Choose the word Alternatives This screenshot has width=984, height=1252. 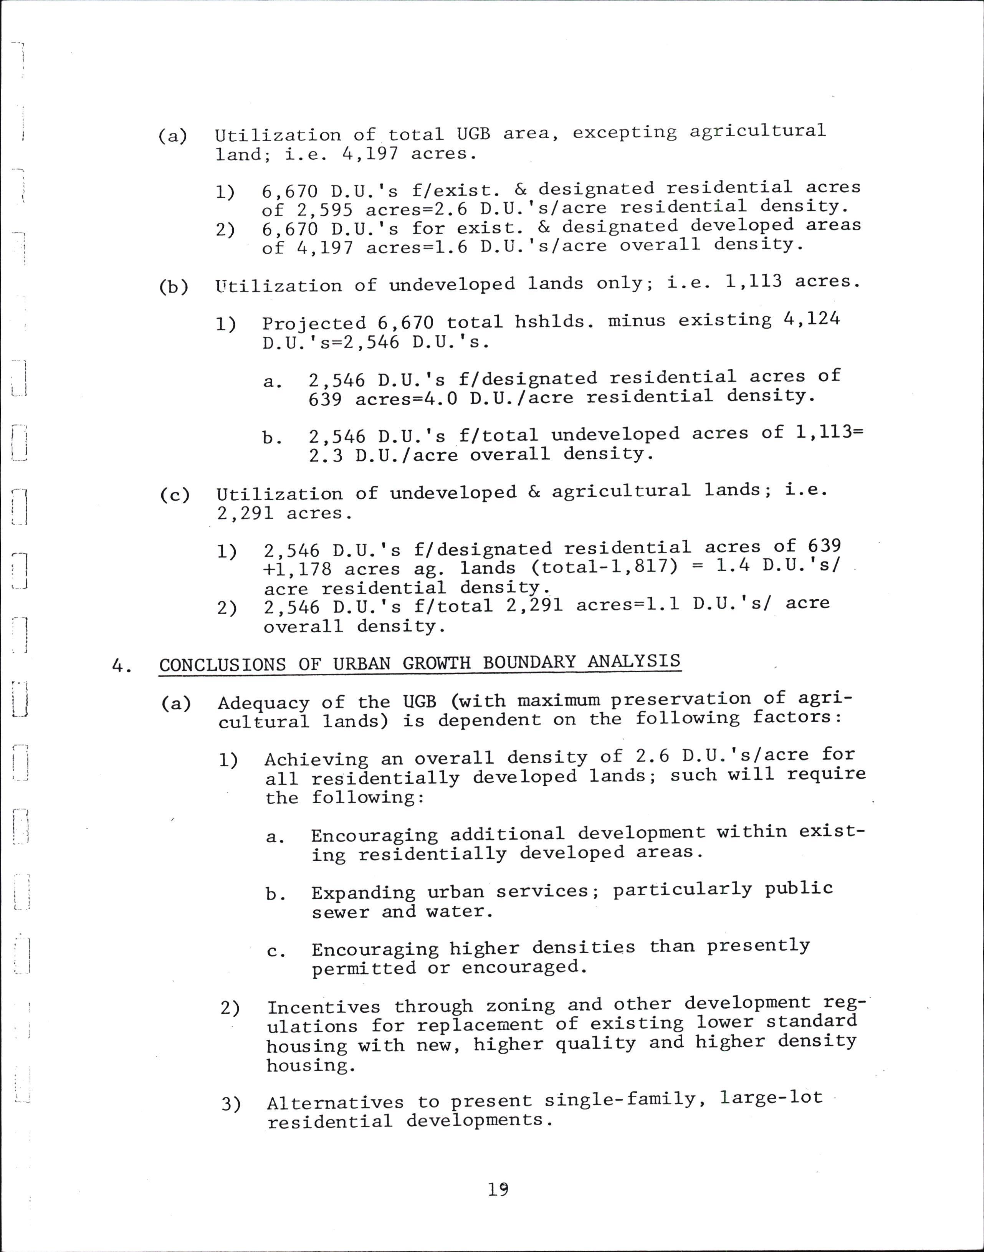pyautogui.click(x=335, y=1102)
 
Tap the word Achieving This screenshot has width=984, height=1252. pyautogui.click(x=316, y=759)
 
